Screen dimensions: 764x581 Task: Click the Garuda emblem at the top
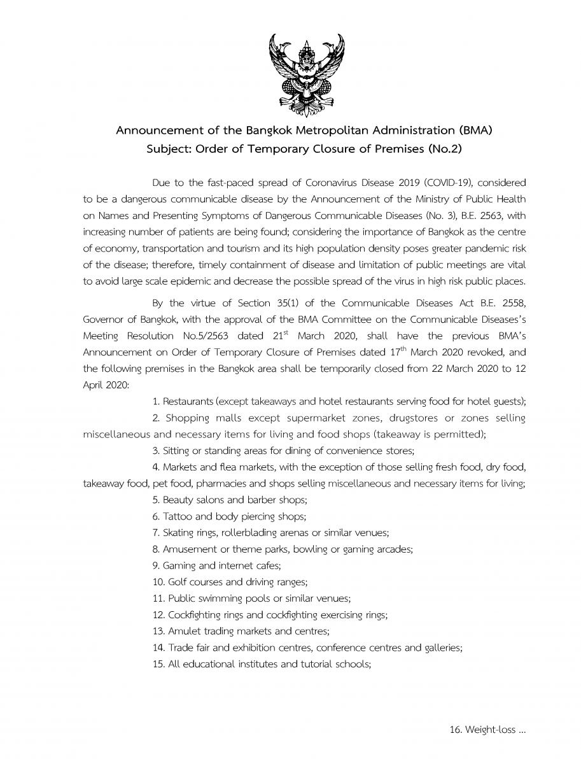[x=306, y=75]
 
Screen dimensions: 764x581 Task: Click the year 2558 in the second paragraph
[x=513, y=302]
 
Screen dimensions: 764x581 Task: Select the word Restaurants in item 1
[x=188, y=401]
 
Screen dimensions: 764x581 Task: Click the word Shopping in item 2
[x=187, y=418]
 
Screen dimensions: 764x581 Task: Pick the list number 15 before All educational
[x=158, y=664]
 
